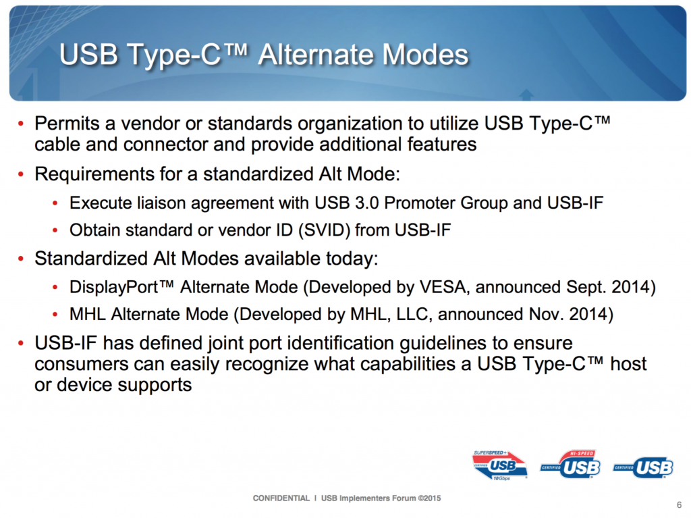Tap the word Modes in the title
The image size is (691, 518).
(425, 55)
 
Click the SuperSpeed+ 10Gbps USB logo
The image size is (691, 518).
(500, 465)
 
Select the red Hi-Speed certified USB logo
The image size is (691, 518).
(571, 464)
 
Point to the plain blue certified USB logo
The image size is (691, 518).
(643, 467)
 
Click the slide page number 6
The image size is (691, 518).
(679, 504)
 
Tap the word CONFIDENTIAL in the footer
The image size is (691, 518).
(281, 498)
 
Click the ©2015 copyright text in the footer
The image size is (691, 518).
(429, 498)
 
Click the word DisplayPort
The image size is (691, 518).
(113, 287)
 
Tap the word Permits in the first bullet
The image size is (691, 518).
(67, 124)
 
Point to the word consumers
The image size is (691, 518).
(80, 365)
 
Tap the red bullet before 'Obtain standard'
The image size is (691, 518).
(55, 230)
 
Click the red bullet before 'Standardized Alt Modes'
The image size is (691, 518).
(21, 259)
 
